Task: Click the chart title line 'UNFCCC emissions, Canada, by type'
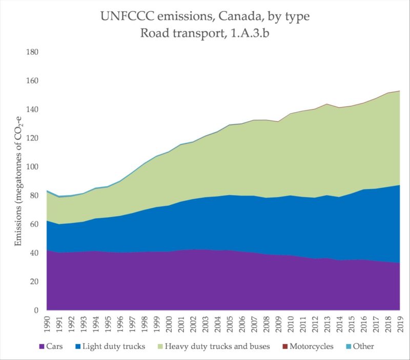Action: [x=205, y=17]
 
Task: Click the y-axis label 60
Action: [x=35, y=224]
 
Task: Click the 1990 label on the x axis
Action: [x=47, y=324]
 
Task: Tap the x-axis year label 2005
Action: [x=230, y=324]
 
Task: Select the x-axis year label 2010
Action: [x=291, y=324]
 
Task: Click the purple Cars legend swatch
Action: [x=41, y=347]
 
